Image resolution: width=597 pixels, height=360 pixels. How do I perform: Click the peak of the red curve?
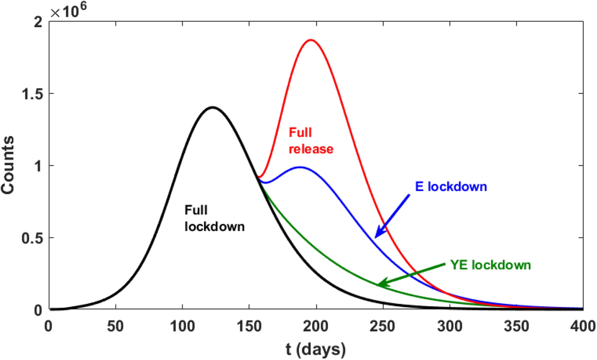310,40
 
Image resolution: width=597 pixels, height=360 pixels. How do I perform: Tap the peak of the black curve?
213,107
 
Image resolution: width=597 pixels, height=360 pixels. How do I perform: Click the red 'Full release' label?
311,141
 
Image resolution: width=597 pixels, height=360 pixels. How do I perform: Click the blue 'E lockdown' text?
450,187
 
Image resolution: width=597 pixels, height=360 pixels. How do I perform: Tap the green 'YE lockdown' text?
490,265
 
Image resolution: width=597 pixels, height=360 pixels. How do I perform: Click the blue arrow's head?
376,236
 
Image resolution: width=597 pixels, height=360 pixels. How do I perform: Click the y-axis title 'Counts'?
11,165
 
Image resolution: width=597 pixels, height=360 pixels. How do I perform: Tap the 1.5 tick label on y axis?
32,94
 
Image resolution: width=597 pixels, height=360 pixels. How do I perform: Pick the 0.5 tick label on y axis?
32,238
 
